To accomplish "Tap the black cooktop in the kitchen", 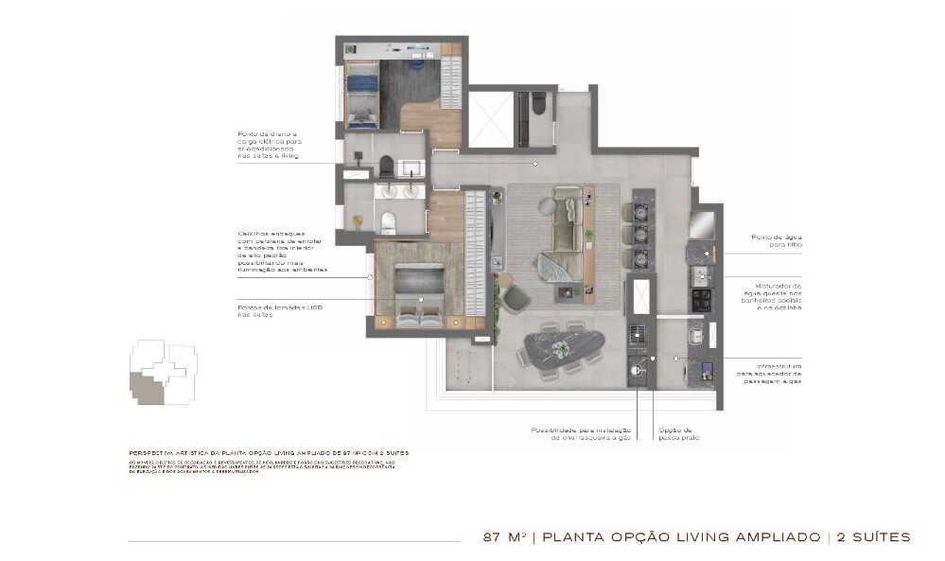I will (x=702, y=300).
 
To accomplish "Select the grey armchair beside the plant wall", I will (x=516, y=298).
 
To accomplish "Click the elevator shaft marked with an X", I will (x=490, y=119).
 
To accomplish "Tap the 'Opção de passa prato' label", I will (x=678, y=434).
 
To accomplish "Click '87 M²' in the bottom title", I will (x=503, y=537).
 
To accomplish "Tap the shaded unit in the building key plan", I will (x=148, y=387).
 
